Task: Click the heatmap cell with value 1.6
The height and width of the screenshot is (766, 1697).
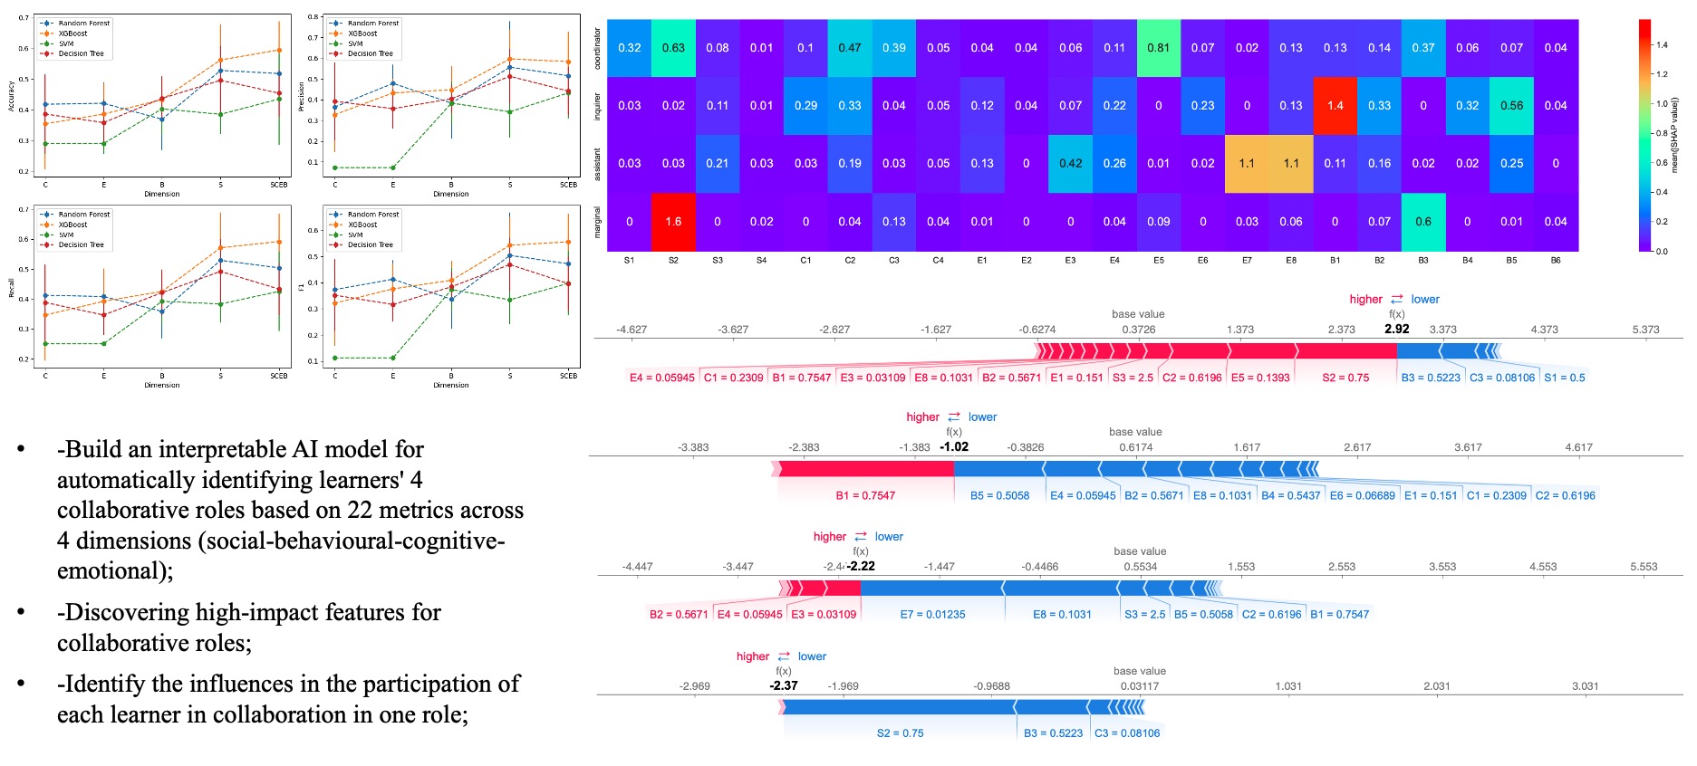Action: point(673,222)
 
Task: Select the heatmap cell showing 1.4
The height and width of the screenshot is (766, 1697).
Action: point(1335,106)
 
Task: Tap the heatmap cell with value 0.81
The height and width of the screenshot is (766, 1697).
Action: point(1158,48)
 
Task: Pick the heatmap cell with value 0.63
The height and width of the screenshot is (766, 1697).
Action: point(673,48)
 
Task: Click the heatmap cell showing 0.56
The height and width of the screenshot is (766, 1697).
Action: point(1511,106)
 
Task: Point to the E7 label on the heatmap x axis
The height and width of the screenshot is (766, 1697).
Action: point(1247,261)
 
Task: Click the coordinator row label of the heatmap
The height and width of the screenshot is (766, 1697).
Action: point(597,48)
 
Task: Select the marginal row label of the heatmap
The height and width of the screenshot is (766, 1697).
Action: point(597,222)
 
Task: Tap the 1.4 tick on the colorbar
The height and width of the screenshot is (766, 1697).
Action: point(1662,44)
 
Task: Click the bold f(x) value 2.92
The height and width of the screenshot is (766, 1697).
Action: point(1396,330)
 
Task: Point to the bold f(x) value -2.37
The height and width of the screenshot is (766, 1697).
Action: point(784,685)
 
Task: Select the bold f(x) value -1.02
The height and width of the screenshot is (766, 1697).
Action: point(954,446)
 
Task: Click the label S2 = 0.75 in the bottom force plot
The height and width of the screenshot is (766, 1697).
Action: point(900,733)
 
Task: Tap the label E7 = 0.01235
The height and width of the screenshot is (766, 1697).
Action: point(932,615)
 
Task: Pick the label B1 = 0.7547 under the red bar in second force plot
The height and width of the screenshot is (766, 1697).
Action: point(865,495)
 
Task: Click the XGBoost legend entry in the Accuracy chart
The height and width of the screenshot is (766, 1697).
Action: point(73,34)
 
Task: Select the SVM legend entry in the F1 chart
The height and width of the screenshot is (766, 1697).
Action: point(355,235)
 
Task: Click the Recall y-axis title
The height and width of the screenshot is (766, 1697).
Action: point(11,288)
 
